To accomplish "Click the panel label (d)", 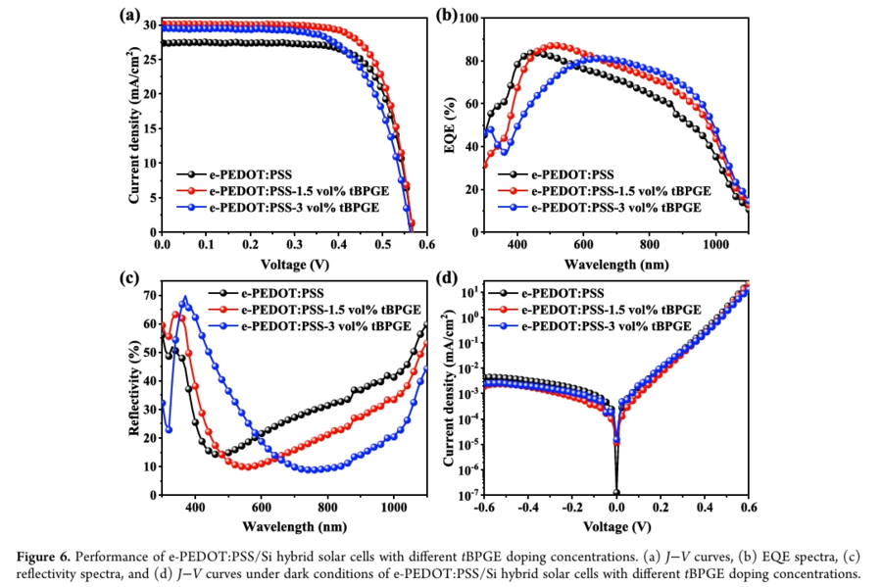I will [449, 277].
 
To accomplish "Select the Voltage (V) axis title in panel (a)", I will [295, 264].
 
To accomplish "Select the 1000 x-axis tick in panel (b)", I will [714, 245].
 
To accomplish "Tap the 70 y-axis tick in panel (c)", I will [148, 295].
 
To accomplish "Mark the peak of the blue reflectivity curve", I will [183, 298].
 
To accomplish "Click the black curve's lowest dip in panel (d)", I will [616, 492].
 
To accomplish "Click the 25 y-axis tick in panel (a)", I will [148, 59].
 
